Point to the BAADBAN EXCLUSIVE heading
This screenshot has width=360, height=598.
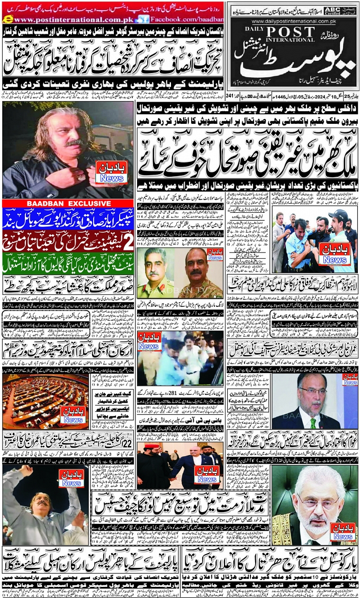pos(67,203)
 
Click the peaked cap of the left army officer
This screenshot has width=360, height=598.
pos(154,256)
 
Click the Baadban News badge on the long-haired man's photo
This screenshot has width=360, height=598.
pos(111,174)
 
